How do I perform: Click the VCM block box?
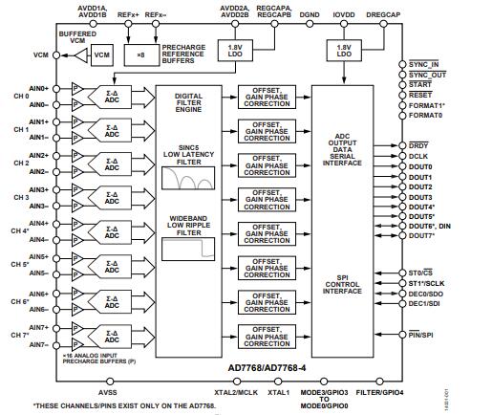(102, 56)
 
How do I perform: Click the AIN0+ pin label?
(39, 88)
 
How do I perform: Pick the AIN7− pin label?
(39, 343)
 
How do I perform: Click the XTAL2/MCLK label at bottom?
(235, 392)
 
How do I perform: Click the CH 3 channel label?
(18, 197)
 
